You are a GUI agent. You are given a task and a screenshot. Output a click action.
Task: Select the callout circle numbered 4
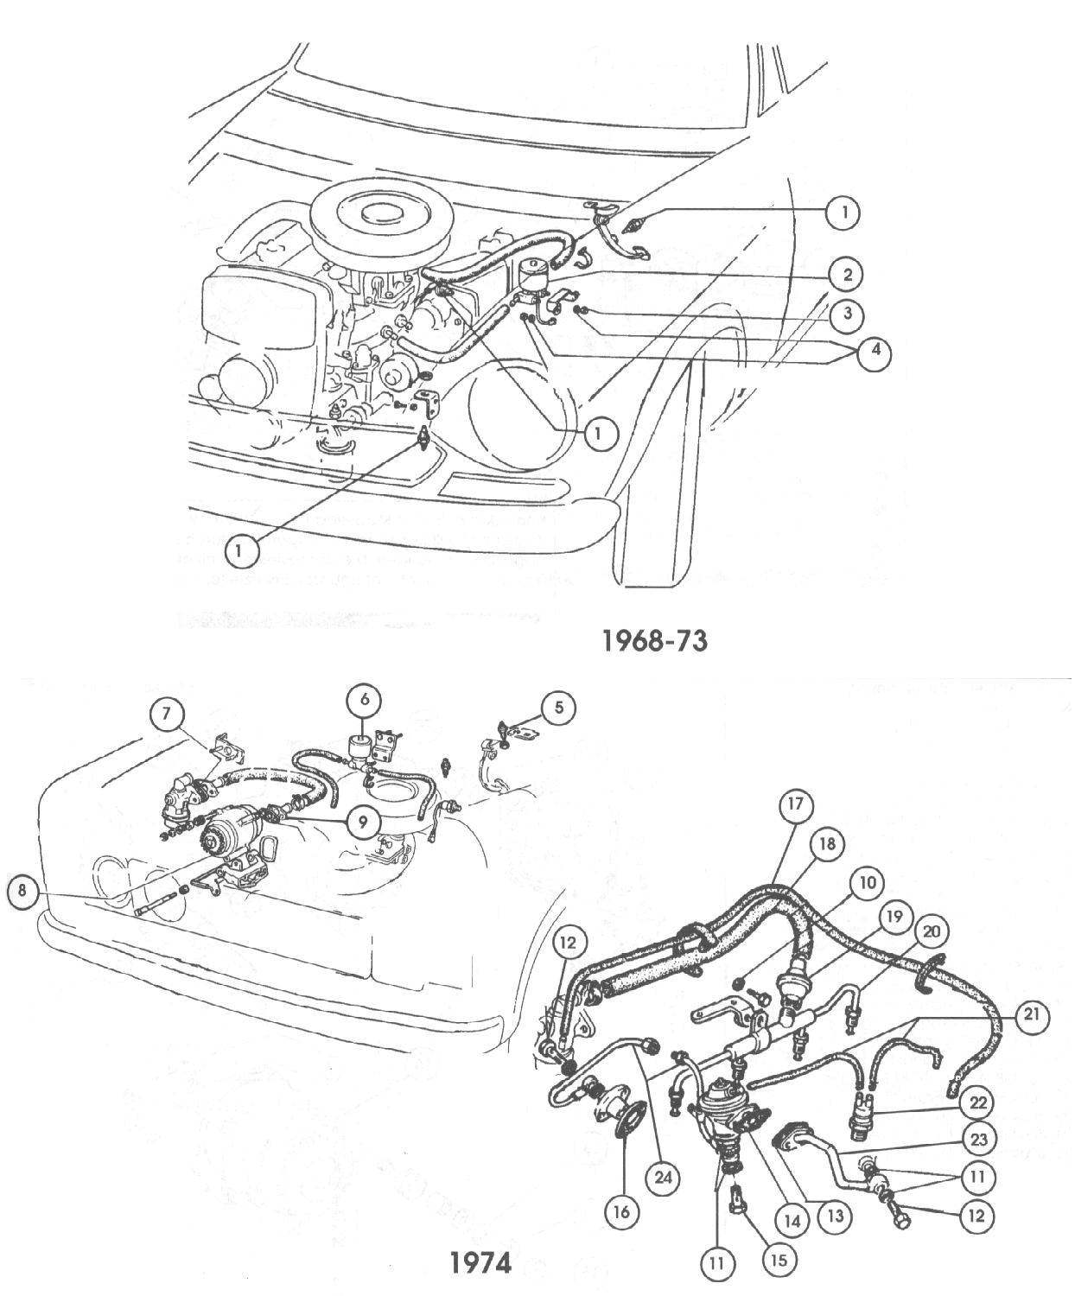[x=875, y=351]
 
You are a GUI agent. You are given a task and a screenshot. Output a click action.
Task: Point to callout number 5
[x=559, y=708]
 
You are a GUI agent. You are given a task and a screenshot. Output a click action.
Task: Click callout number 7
[x=167, y=714]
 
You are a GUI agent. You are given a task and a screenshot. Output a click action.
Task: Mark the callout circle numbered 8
[x=23, y=893]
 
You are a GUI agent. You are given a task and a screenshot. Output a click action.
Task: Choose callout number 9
[x=363, y=823]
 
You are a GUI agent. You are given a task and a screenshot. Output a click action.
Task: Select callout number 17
[x=796, y=805]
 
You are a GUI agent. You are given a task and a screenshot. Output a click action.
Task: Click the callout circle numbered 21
[x=1028, y=1017]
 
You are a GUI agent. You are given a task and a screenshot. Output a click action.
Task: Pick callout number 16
[x=621, y=1211]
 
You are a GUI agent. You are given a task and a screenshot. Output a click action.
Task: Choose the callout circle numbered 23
[x=977, y=1140]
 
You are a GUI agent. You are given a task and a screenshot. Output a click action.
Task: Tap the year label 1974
[x=480, y=1263]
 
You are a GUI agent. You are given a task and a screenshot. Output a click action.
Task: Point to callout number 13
[x=835, y=1217]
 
